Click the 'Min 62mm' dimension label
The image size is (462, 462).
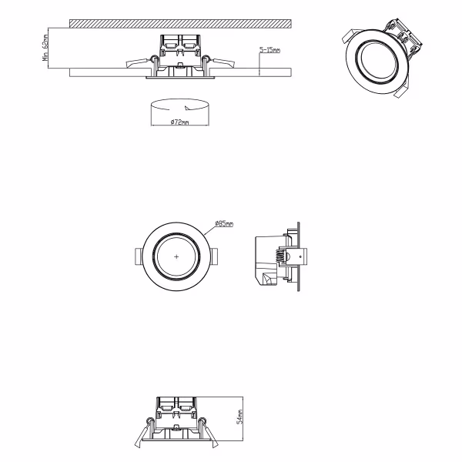tap(46, 49)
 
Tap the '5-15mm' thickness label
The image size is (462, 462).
tap(269, 49)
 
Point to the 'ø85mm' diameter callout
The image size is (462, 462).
tap(224, 223)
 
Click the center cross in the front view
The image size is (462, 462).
tap(177, 255)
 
